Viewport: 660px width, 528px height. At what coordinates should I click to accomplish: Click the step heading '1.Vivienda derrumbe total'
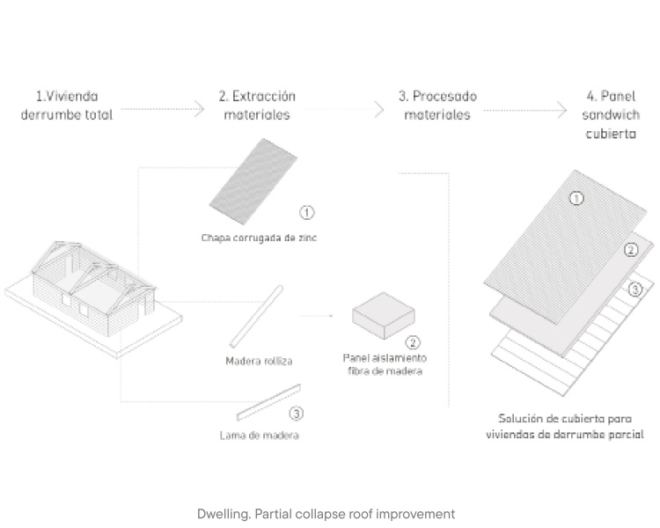(67, 106)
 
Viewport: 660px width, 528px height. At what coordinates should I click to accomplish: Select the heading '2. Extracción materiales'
(257, 106)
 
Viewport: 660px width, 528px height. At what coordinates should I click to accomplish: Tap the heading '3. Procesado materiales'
(437, 106)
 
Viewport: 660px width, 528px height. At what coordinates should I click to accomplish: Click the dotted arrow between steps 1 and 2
(162, 110)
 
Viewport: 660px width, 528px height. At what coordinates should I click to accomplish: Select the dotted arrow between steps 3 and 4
(524, 110)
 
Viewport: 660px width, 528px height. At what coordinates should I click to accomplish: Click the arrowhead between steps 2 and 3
(379, 110)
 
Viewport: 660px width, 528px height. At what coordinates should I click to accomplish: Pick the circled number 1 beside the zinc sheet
(307, 212)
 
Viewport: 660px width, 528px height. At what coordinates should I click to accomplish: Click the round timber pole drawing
(256, 317)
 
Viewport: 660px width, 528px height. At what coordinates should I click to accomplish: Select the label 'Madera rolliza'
(259, 361)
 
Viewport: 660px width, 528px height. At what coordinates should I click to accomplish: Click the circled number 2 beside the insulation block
(413, 342)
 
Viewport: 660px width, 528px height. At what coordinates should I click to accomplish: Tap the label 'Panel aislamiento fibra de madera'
(385, 364)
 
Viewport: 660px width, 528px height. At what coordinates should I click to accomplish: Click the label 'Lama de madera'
(259, 435)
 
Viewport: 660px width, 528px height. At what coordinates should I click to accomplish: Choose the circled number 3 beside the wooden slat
(296, 413)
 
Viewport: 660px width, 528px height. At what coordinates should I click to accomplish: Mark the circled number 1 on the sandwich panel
(576, 198)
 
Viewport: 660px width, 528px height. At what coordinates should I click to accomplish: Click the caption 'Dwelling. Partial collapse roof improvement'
(326, 514)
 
